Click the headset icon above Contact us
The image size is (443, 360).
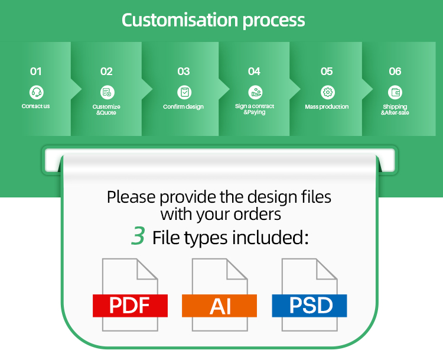(x=36, y=92)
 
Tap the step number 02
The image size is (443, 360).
(x=106, y=72)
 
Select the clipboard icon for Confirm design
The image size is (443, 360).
(x=184, y=92)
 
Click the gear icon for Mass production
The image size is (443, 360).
(x=327, y=92)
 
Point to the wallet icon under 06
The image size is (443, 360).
(x=395, y=92)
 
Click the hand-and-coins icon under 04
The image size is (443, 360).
(x=255, y=92)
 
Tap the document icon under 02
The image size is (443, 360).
(x=107, y=92)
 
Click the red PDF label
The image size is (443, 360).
(x=130, y=306)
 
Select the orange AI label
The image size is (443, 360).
(x=219, y=306)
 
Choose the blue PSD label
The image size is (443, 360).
(x=310, y=306)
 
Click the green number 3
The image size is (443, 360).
(x=138, y=235)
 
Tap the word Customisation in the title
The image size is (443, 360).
(x=180, y=20)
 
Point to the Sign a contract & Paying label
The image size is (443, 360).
(x=255, y=109)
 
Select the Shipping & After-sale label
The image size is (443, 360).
(x=395, y=109)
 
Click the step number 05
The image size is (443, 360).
(x=327, y=72)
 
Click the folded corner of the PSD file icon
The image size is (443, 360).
(x=327, y=269)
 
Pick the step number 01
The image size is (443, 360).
(x=36, y=72)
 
